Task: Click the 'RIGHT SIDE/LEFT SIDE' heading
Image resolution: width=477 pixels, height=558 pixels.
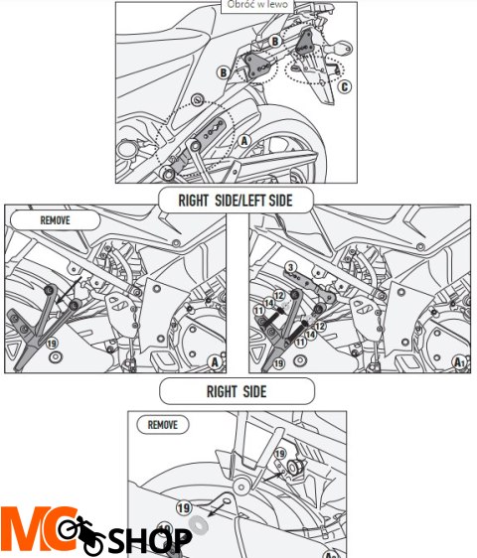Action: pos(237,201)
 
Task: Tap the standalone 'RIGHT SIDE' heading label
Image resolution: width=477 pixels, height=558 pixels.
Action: pos(236,391)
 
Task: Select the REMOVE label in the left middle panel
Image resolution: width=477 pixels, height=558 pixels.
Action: pos(55,220)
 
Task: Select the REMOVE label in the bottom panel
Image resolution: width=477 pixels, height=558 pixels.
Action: pos(163,424)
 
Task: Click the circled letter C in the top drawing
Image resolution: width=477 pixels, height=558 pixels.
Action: pos(345,86)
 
